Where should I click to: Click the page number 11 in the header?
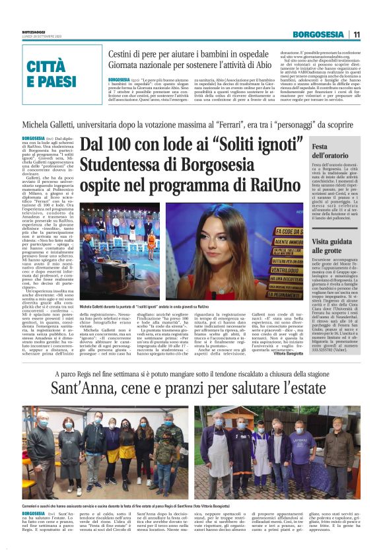[x=356, y=34]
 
